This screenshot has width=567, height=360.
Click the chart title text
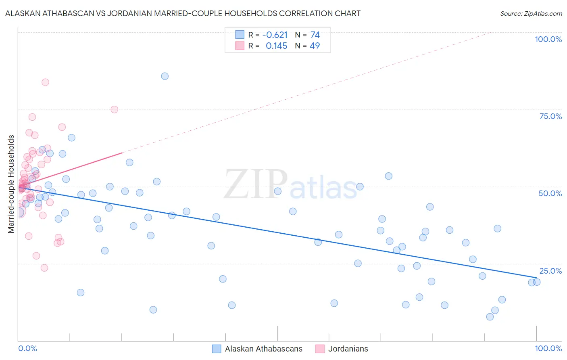click(183, 13)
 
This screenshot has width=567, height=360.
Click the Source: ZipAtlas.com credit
click(531, 13)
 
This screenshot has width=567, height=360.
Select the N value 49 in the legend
click(315, 46)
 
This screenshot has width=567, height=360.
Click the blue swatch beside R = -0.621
click(240, 35)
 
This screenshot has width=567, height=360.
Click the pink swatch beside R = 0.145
click(240, 46)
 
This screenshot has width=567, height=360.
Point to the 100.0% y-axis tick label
click(548, 39)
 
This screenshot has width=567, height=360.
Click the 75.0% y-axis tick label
click(550, 116)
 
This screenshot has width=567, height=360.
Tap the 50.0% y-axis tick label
click(550, 193)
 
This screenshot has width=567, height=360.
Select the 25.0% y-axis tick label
click(550, 271)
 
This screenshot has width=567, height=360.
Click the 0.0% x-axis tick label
click(27, 348)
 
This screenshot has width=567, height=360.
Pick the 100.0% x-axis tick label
click(548, 348)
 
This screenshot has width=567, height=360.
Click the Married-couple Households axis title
click(11, 184)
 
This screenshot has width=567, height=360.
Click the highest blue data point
click(165, 76)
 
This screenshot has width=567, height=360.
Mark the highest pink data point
click(45, 82)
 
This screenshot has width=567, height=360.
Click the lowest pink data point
click(44, 268)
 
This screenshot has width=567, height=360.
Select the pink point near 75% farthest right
click(114, 109)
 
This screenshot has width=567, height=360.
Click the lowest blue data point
click(490, 317)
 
